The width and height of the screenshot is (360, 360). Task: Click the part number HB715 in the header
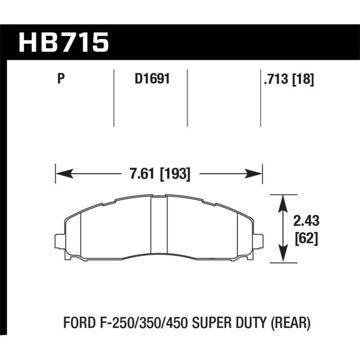(63, 42)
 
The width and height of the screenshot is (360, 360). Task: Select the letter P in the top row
(62, 80)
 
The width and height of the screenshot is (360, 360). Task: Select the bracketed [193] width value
(175, 174)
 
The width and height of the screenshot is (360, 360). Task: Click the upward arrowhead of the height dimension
(283, 201)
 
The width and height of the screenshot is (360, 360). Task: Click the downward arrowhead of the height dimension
(283, 256)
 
